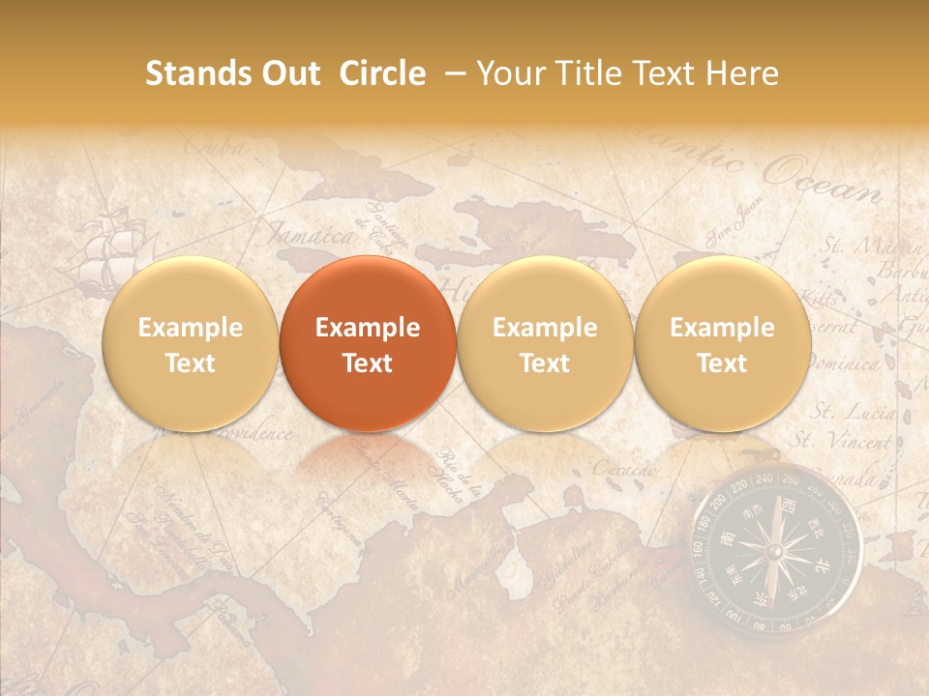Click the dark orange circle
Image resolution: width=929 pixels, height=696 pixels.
(368, 344)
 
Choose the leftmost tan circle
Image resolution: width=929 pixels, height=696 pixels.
(190, 344)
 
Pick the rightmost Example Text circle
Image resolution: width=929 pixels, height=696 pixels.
(722, 344)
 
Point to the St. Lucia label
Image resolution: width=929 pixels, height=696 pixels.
(853, 413)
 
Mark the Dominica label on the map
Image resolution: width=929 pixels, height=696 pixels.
(843, 364)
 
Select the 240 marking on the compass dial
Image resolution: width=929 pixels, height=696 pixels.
(764, 478)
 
